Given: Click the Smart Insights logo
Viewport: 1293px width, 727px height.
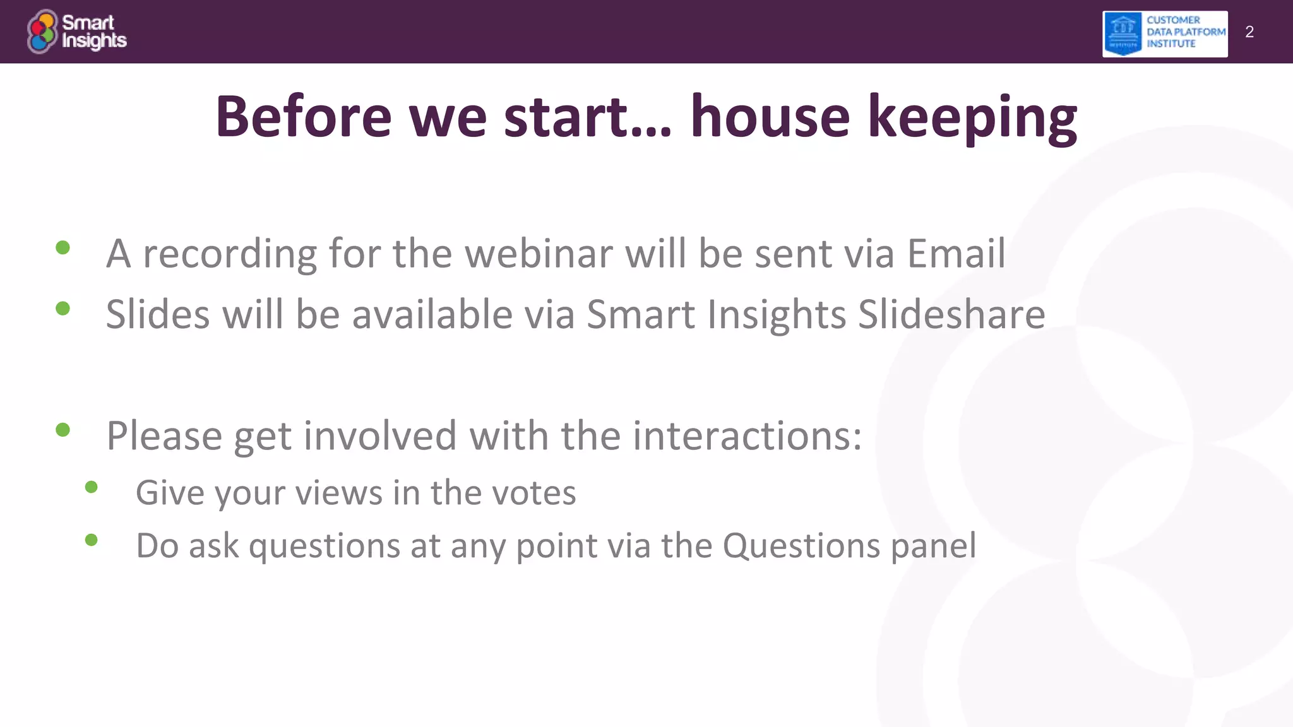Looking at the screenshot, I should point(76,32).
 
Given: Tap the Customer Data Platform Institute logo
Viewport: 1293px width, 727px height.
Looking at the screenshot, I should point(1165,33).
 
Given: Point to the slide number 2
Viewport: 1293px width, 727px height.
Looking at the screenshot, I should point(1249,32).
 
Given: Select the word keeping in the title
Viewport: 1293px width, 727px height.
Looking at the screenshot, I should point(972,119).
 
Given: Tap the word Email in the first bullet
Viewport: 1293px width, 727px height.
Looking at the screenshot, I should point(956,254).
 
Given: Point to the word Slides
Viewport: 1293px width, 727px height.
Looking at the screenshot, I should point(158,314).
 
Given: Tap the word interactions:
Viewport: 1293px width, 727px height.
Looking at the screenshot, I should point(748,435).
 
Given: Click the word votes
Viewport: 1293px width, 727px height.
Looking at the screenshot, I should point(534,493).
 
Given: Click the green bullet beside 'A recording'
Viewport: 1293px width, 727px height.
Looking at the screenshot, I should point(63,247).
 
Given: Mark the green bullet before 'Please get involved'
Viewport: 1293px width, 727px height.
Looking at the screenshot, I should point(63,430).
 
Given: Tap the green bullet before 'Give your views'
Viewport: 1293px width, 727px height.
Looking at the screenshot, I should point(92,487).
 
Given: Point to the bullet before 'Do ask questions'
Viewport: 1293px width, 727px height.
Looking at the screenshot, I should point(92,540).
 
